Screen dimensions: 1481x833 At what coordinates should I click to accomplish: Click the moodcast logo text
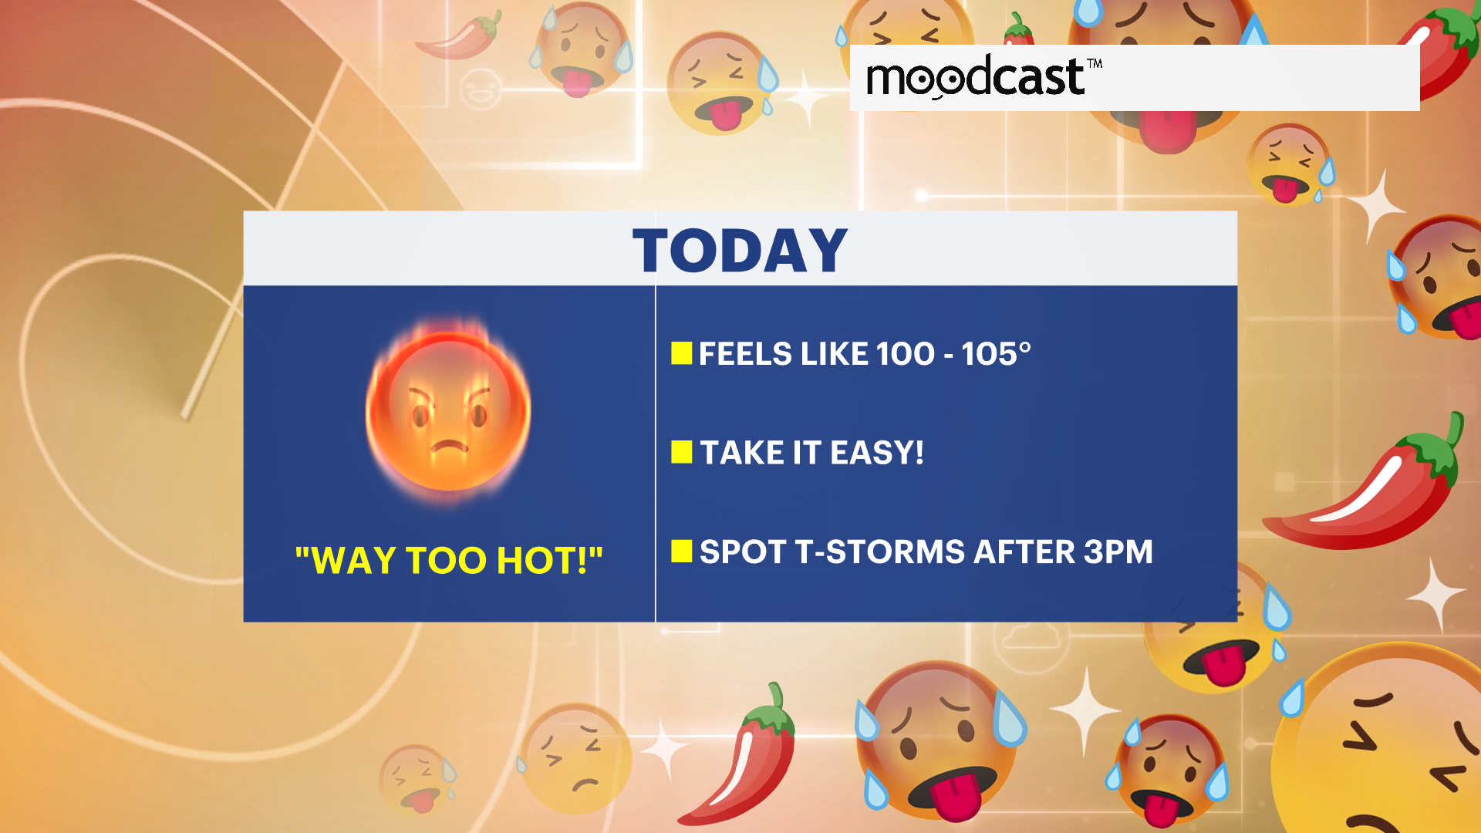coord(976,77)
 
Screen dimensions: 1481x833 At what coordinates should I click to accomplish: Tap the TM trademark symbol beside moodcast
coord(1095,63)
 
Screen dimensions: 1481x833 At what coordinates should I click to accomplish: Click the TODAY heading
coord(740,251)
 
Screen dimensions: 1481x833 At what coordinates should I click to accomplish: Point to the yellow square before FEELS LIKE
coord(681,353)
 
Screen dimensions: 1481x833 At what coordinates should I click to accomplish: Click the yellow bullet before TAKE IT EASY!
coord(681,452)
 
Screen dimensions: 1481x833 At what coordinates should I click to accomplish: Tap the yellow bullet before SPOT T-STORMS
coord(681,551)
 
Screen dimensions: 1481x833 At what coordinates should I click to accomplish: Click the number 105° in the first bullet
coord(996,354)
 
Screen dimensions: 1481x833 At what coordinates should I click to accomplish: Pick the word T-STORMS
coord(880,551)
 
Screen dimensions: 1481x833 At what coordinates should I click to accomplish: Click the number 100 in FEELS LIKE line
coord(905,354)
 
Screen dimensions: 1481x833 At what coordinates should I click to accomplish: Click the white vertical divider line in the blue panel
coord(655,454)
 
